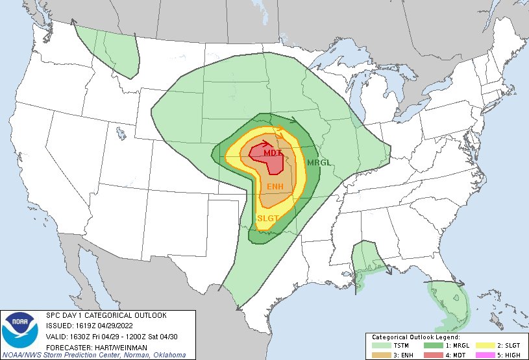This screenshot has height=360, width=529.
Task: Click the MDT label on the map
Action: click(264, 152)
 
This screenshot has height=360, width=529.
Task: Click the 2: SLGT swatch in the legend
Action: click(483, 345)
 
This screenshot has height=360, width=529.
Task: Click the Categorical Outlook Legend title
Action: click(415, 337)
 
